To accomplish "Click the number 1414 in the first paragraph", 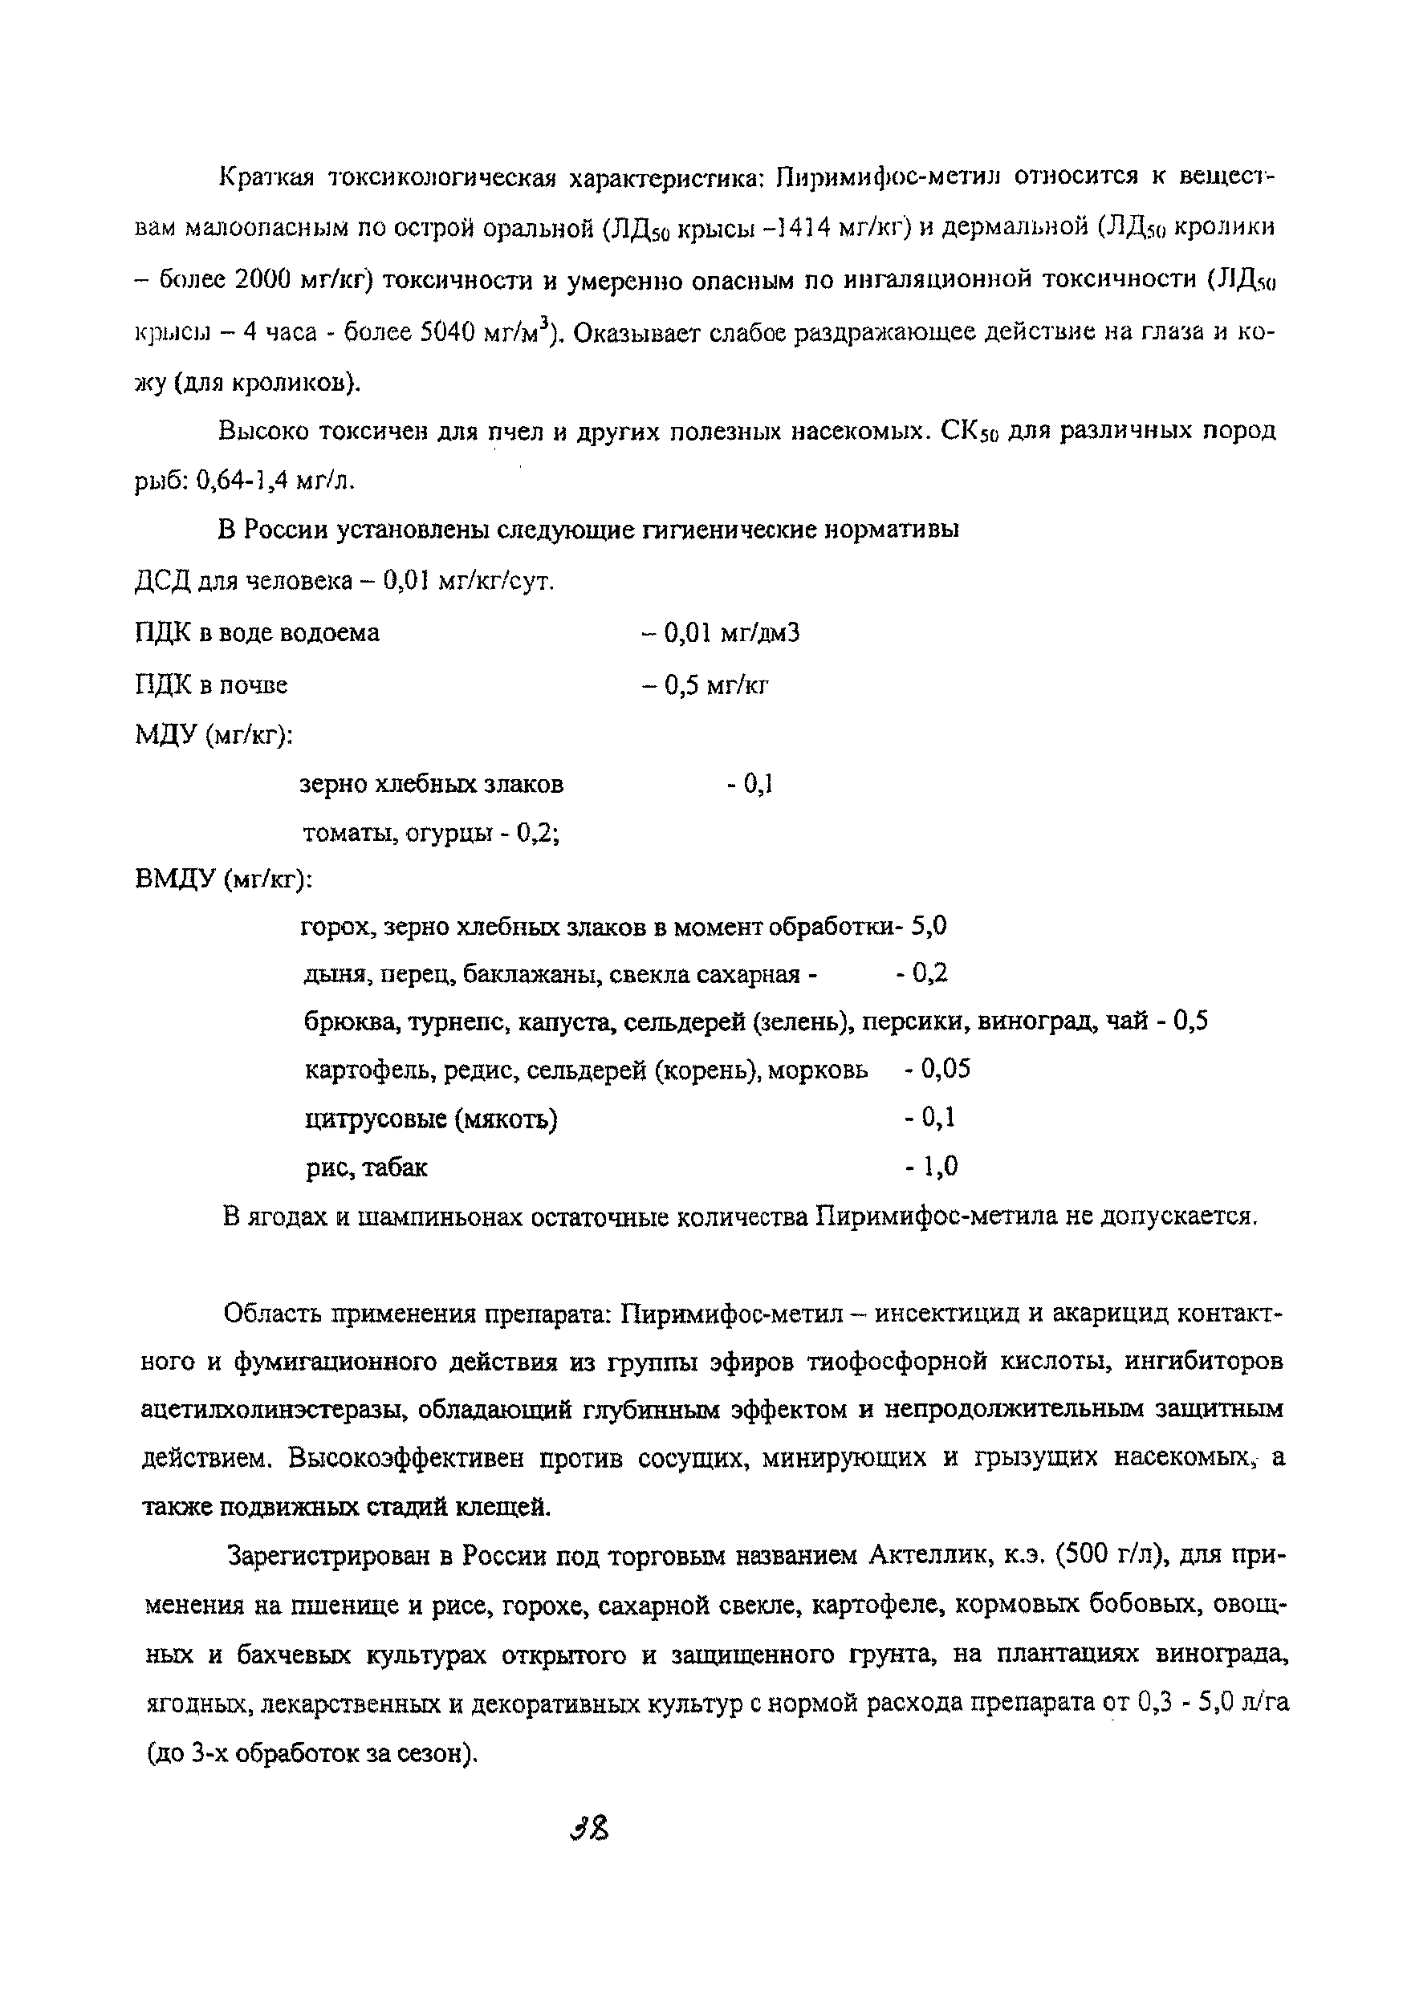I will [802, 228].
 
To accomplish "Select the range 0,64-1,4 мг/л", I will [276, 480].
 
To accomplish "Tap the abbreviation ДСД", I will [164, 582].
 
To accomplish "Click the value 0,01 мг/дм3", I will [730, 634].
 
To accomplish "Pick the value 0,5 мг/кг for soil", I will [715, 685].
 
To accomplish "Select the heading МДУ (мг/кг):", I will [213, 736].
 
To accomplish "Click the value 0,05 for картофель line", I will [946, 1070].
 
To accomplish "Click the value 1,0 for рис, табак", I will [940, 1167].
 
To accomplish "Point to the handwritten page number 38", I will [591, 1830].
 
